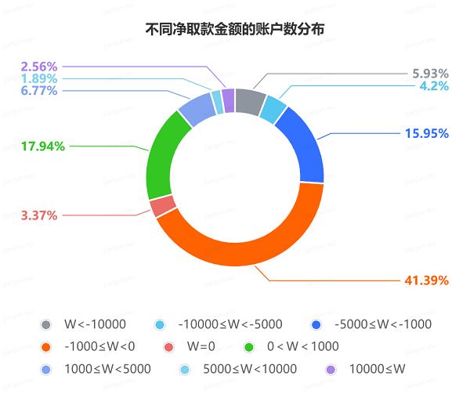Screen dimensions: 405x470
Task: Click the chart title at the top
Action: pos(235,30)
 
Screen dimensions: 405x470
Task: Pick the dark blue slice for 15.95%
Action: pos(303,145)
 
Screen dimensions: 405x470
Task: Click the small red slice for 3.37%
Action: pos(163,206)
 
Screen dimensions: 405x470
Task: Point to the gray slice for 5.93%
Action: pos(250,100)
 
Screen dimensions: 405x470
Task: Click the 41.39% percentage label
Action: pos(426,280)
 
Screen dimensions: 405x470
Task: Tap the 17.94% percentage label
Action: pos(43,145)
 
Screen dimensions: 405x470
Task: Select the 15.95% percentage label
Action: pos(426,133)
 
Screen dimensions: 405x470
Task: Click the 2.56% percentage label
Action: pos(39,66)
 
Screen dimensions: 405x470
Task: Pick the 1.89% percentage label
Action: pos(39,78)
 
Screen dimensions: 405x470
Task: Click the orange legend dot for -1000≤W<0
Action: pos(47,345)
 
